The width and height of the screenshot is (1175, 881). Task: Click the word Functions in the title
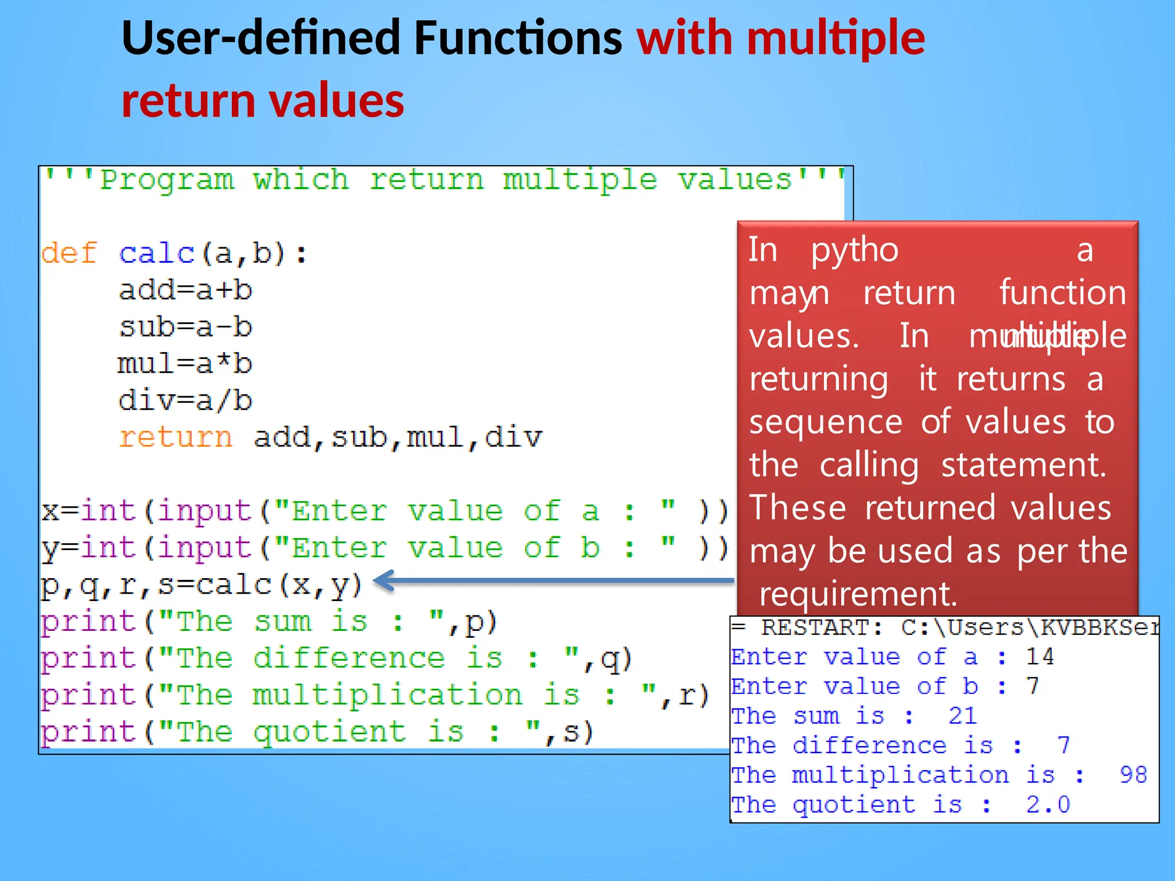(x=518, y=38)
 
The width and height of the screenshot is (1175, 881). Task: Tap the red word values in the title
(x=336, y=101)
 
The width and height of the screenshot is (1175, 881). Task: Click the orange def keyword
(x=69, y=253)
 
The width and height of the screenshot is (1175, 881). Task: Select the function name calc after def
(x=157, y=253)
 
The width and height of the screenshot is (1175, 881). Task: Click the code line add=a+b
(x=185, y=290)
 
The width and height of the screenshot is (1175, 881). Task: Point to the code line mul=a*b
(x=185, y=364)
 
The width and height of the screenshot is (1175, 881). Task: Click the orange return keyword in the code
(x=176, y=437)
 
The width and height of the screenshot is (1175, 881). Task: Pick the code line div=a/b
(x=185, y=400)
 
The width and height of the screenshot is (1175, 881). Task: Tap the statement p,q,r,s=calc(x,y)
(x=201, y=585)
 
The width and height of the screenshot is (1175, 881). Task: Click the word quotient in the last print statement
(x=329, y=732)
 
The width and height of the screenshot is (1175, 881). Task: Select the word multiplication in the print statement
(x=387, y=695)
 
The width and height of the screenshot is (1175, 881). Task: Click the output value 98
(x=1133, y=775)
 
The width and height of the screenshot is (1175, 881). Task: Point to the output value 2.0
(x=1048, y=805)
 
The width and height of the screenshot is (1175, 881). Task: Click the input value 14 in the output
(x=1040, y=657)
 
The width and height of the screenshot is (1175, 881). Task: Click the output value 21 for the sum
(x=962, y=716)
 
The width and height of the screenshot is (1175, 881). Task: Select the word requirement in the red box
(x=858, y=594)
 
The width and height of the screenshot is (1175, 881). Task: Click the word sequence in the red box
(x=826, y=422)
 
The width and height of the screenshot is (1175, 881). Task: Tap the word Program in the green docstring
(x=167, y=180)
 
